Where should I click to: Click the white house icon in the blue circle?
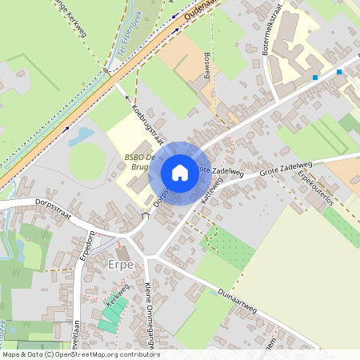tap(180, 172)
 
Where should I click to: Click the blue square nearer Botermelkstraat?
tap(316, 78)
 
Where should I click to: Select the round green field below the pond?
tap(86, 161)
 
